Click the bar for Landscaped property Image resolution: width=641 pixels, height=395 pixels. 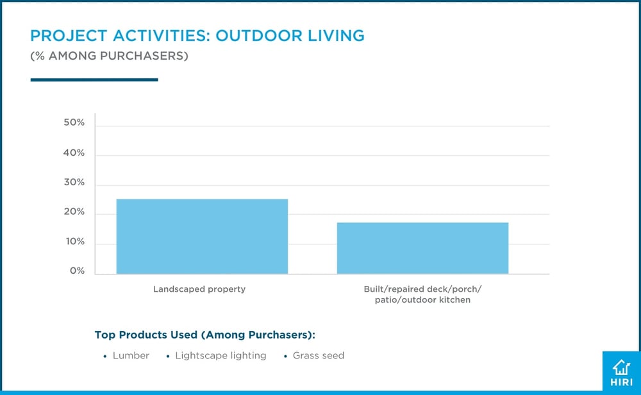202,237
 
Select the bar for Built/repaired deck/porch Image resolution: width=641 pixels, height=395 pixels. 422,248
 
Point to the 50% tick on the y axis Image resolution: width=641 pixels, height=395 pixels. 74,122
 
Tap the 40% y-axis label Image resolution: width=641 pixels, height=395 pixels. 74,153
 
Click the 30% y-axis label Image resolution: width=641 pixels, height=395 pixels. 74,182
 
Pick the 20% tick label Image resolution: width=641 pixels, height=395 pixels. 74,212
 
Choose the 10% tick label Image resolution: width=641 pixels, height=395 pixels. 74,242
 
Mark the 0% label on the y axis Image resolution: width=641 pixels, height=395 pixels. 77,271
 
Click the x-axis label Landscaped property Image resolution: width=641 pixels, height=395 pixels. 199,289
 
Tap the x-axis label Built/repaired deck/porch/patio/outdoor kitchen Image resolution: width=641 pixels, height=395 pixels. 422,294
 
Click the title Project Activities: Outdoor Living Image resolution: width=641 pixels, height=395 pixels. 197,35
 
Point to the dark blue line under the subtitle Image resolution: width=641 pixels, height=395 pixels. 94,80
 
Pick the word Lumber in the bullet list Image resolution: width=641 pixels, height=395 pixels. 131,355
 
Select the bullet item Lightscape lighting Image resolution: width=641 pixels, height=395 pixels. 221,355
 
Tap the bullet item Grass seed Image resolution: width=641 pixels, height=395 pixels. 318,355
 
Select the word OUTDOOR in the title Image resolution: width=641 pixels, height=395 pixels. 254,35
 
